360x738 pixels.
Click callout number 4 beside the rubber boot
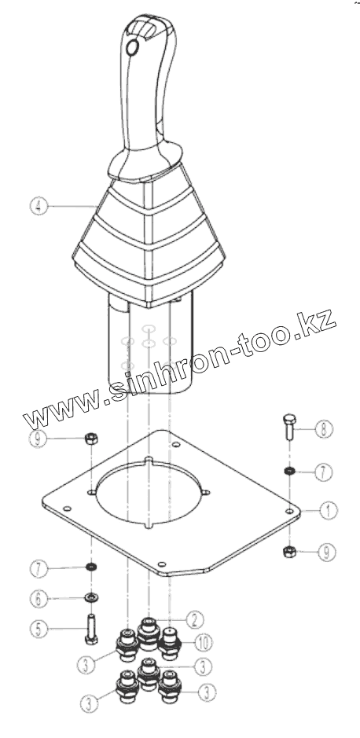[x=39, y=207]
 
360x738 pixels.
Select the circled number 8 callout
[x=324, y=429]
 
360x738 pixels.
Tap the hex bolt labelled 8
[x=289, y=427]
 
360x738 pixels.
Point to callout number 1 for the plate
[x=329, y=510]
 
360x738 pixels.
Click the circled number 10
[x=204, y=641]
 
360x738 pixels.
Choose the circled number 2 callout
[x=195, y=620]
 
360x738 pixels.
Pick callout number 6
[x=39, y=599]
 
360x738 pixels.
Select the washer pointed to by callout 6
[x=91, y=598]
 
